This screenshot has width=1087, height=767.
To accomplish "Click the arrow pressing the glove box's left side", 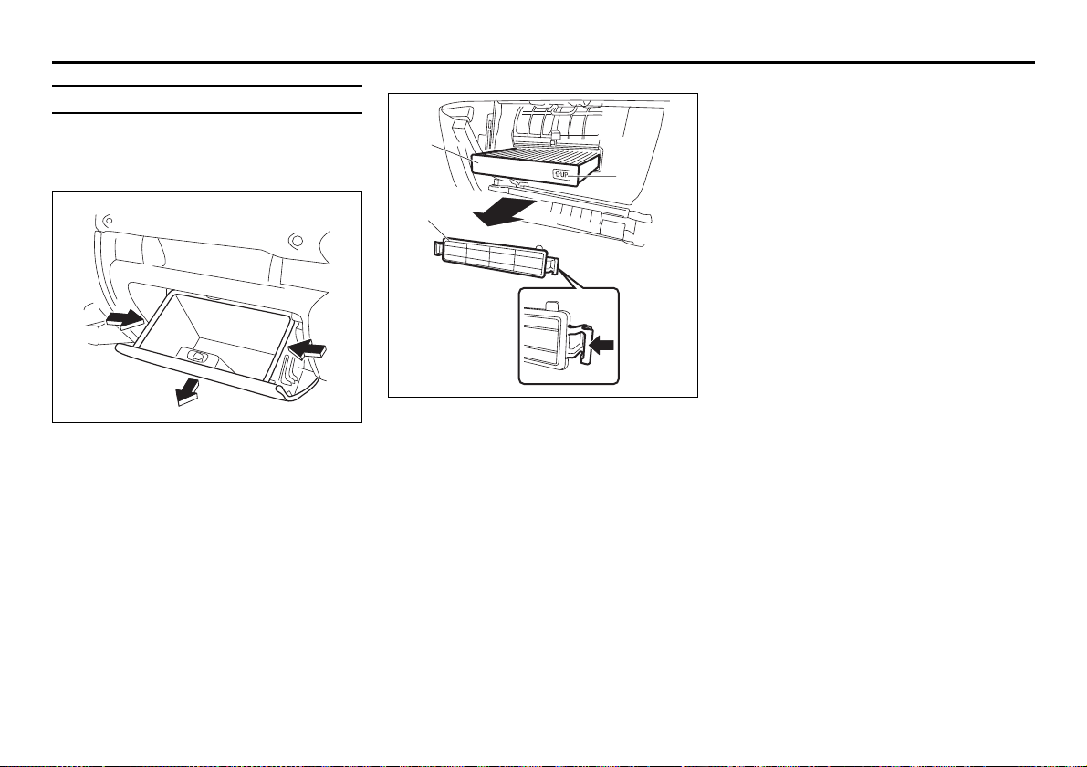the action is [x=125, y=318].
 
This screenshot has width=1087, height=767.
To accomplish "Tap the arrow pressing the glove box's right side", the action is [x=307, y=348].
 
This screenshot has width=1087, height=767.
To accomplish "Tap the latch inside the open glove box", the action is [x=197, y=358].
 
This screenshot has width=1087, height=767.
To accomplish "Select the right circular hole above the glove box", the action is [x=296, y=241].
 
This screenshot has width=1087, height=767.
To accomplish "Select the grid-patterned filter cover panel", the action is [x=493, y=256].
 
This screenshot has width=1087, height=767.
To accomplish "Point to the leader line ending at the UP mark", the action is [x=593, y=176].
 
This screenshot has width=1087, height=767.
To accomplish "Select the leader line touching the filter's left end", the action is [x=451, y=152].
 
